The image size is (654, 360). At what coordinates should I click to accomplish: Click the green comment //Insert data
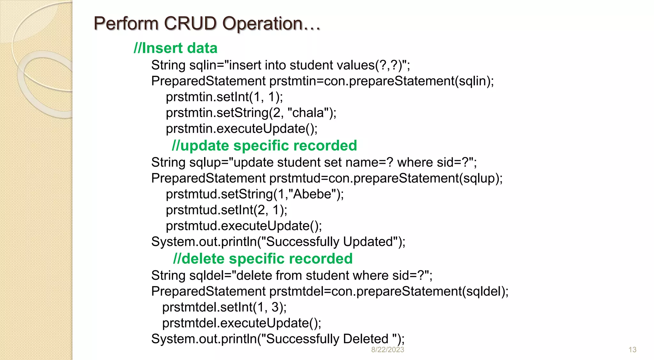point(176,48)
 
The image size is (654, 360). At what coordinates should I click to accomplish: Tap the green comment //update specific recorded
point(264,146)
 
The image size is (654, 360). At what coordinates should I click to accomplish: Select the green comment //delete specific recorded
point(262,259)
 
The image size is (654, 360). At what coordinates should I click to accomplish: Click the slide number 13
point(632,350)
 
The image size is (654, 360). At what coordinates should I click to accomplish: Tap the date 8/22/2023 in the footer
point(387,350)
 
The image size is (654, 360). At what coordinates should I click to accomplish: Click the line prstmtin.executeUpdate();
point(242,129)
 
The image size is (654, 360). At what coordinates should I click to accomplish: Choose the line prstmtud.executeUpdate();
point(244,226)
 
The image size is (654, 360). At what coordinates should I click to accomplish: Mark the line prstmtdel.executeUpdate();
point(242,323)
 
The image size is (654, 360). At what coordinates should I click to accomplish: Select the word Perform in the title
point(126,24)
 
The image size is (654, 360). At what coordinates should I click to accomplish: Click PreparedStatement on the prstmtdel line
point(208,291)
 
